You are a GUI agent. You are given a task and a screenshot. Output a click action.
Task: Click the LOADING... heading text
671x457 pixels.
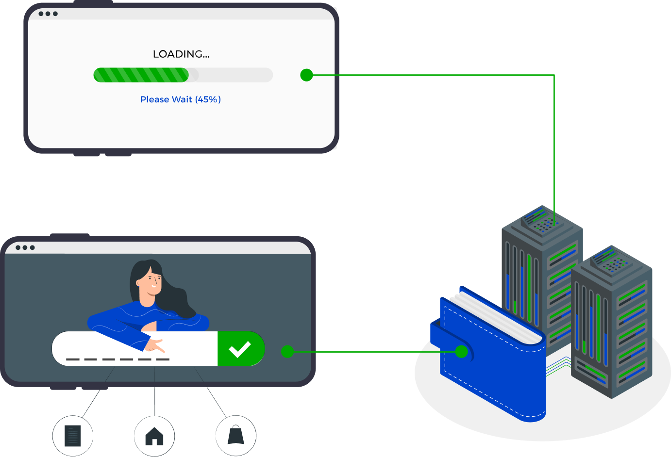tap(181, 54)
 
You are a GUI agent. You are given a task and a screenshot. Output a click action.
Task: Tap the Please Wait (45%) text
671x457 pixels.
tap(180, 99)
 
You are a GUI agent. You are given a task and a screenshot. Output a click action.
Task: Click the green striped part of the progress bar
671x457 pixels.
tap(141, 75)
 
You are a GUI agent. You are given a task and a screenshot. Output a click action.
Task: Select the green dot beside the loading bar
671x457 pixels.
tap(306, 75)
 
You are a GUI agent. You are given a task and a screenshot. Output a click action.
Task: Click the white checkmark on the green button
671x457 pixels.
tap(240, 349)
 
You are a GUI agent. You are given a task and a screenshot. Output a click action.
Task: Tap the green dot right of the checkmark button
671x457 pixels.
tap(287, 352)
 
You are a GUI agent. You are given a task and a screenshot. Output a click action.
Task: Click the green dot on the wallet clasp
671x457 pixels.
tap(462, 352)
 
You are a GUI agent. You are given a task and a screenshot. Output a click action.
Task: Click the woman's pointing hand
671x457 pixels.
tap(154, 345)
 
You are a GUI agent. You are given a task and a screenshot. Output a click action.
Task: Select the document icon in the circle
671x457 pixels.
tap(73, 436)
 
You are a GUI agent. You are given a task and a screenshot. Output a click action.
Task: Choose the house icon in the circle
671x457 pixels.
tap(154, 436)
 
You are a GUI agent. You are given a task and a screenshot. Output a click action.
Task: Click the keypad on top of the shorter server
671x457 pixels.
tap(611, 262)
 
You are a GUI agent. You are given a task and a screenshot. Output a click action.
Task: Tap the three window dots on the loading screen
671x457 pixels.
tap(48, 14)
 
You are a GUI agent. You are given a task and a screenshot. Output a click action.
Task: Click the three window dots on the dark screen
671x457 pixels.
tap(25, 247)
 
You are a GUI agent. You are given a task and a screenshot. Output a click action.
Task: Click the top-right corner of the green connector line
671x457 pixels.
tap(554, 75)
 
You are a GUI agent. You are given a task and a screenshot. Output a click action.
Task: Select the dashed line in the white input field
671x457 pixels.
tap(117, 359)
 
